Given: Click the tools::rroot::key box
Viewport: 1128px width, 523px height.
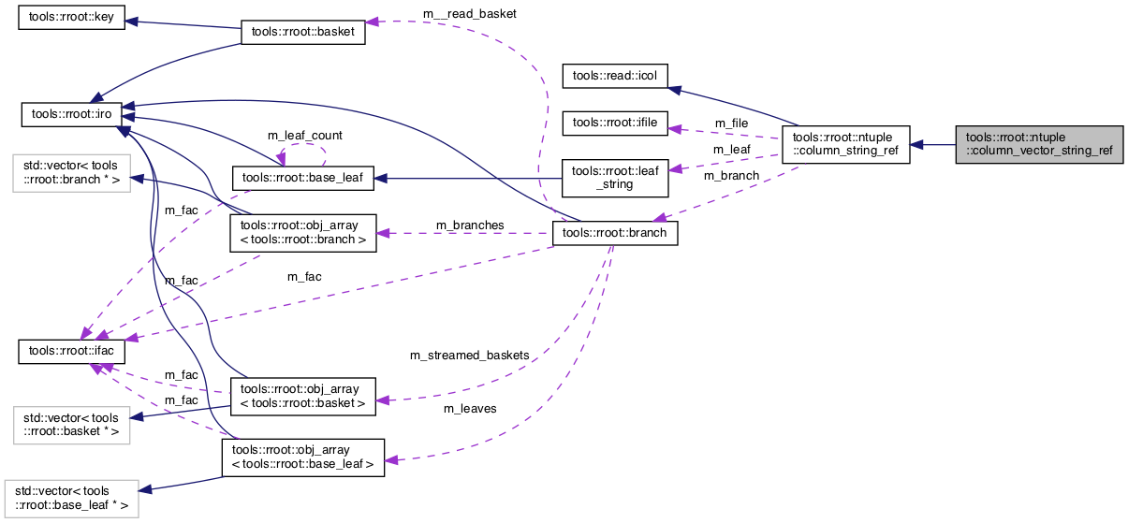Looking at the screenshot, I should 72,20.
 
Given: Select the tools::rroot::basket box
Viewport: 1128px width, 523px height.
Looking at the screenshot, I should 302,33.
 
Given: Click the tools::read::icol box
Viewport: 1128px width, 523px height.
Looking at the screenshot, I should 614,77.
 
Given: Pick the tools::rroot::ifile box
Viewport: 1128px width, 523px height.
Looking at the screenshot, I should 614,122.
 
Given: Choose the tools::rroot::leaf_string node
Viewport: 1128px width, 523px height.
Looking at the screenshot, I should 614,177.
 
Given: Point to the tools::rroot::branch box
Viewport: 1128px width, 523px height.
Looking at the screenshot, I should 614,233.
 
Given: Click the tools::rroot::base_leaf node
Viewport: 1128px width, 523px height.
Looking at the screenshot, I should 302,176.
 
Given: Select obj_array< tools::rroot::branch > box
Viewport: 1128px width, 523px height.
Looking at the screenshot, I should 302,233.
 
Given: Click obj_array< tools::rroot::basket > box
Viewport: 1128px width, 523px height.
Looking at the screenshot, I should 302,397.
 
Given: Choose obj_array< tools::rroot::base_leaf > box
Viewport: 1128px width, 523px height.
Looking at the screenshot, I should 302,457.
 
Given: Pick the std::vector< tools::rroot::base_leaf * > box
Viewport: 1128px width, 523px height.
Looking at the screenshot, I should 72,500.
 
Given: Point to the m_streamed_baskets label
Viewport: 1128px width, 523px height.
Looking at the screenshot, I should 469,356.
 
